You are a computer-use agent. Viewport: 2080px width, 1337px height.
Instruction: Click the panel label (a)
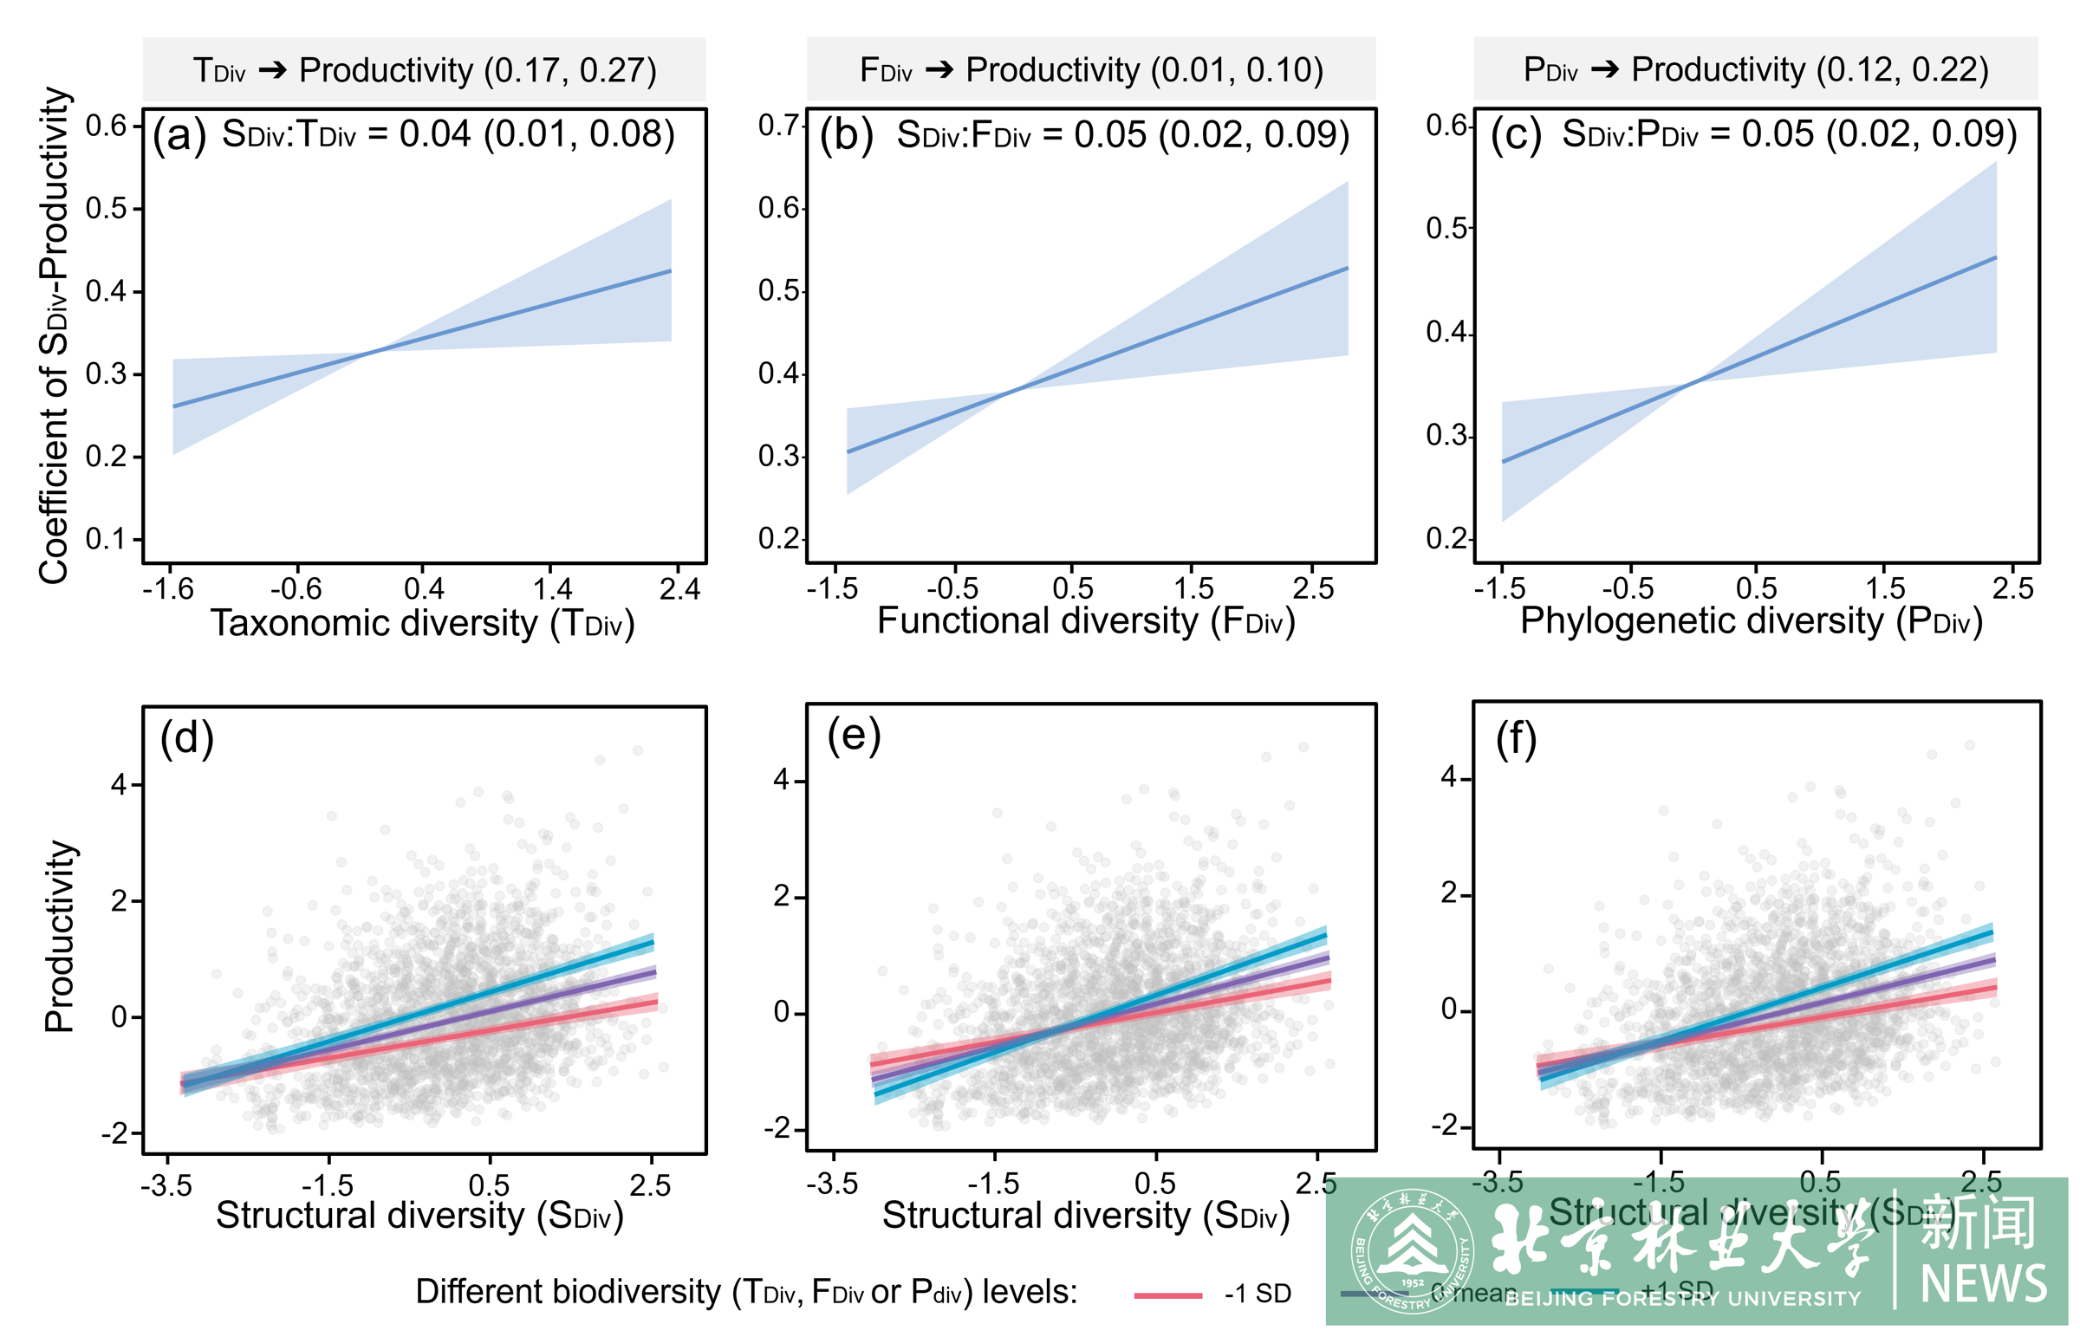click(x=179, y=135)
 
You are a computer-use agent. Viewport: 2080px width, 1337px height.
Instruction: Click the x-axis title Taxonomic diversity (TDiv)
click(x=423, y=623)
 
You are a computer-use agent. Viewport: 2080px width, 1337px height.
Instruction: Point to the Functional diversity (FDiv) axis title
click(x=1086, y=620)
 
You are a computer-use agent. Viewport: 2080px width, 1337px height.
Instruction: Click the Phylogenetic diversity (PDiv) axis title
click(x=1752, y=620)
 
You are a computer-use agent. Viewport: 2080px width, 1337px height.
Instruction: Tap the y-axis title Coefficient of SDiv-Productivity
click(x=54, y=335)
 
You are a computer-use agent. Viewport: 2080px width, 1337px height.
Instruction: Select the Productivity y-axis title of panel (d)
click(x=59, y=936)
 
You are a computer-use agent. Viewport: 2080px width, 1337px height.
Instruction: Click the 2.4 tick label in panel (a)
click(x=679, y=589)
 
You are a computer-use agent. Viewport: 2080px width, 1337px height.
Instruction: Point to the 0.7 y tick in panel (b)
click(x=777, y=125)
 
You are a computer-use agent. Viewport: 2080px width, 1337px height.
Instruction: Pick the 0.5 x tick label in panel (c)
click(x=1756, y=588)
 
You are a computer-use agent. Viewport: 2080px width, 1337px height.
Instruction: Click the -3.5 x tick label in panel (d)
click(x=166, y=1185)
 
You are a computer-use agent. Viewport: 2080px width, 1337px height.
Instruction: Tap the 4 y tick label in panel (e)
click(x=782, y=780)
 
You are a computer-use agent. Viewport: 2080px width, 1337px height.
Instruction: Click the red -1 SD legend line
click(x=1167, y=1295)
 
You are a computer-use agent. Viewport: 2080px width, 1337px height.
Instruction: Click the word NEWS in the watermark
click(x=1984, y=1285)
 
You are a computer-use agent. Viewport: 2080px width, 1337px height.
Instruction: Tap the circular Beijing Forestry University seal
click(x=1412, y=1251)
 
